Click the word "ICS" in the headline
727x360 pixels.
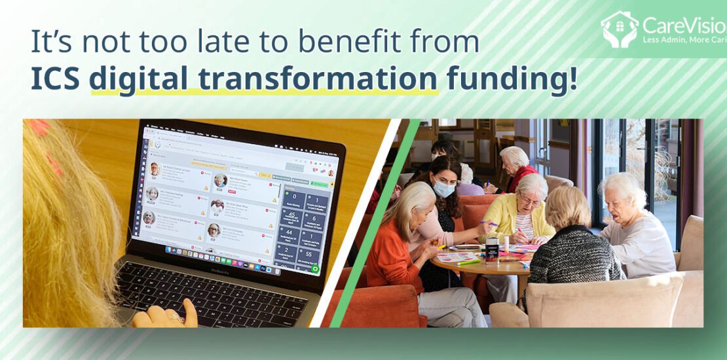(55, 79)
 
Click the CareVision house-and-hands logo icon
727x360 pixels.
(618, 29)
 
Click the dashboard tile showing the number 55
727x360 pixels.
(307, 253)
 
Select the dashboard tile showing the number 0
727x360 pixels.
(293, 196)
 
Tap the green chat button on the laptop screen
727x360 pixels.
(315, 268)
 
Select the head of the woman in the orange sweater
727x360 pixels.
(413, 200)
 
